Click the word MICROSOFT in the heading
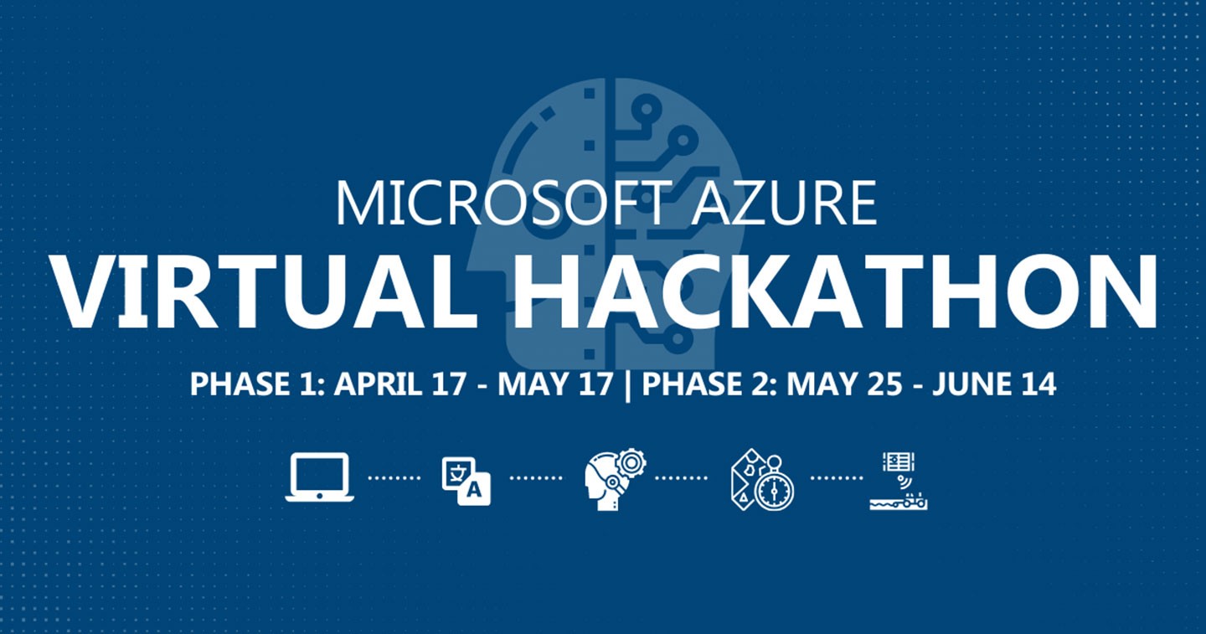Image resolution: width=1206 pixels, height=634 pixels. coord(504,203)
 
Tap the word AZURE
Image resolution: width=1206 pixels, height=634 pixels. coord(785,204)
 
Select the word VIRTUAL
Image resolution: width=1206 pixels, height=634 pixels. coord(264,291)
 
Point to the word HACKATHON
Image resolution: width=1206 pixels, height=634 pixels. coord(835,291)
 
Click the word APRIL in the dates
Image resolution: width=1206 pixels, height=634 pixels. coord(378,384)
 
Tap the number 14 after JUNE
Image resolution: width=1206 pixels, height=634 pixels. coord(1039,384)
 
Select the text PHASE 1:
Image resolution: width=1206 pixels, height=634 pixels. coord(257,384)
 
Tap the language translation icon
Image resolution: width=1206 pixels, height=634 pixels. coord(466,481)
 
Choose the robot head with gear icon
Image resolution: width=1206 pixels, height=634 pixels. coord(615,480)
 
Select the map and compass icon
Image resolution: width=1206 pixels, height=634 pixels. coord(762,480)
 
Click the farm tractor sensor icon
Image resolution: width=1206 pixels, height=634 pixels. coord(899,481)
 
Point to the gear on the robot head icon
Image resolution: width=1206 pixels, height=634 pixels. coord(631,463)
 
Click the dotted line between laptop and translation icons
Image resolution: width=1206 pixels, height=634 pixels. coord(394,477)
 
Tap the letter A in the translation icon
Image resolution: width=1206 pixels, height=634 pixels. coord(474,490)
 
